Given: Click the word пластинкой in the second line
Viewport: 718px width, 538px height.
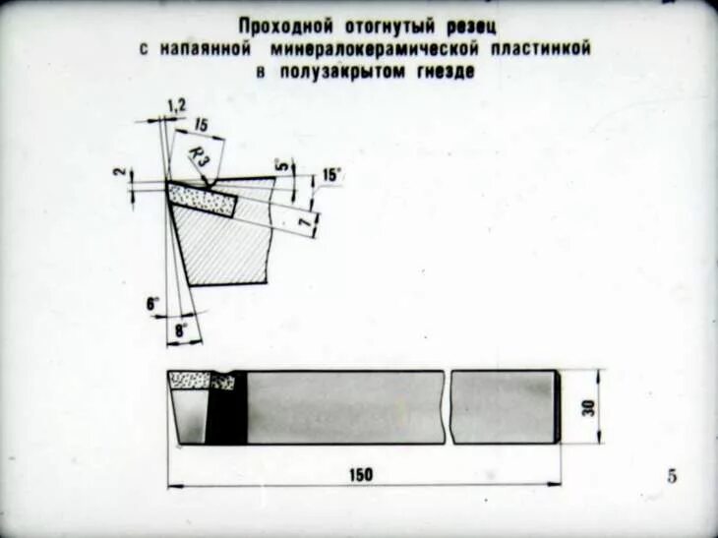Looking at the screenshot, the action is (541, 48).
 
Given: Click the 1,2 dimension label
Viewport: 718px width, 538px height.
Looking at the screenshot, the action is (176, 104).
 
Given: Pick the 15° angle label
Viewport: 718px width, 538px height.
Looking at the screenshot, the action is (331, 175).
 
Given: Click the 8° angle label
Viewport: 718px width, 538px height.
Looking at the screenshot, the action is (180, 331).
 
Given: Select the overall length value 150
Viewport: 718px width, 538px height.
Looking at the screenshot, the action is (361, 475).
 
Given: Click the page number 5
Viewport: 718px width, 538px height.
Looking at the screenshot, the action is (672, 477).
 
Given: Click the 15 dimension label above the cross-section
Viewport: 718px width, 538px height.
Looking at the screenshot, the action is (201, 125).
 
